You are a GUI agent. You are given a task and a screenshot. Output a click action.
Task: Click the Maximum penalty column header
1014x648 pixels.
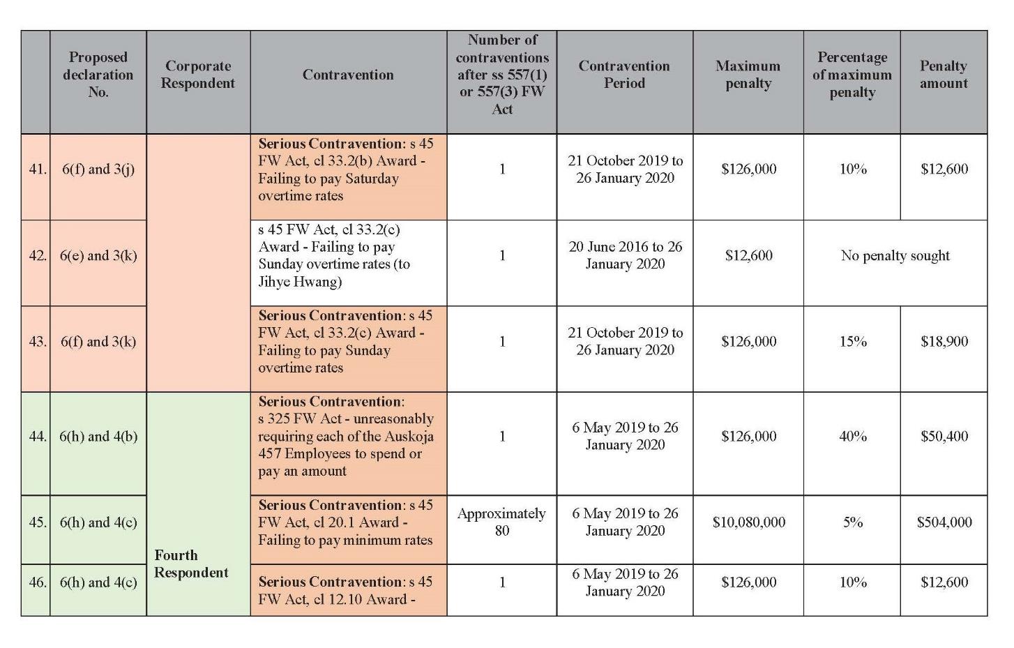(x=748, y=75)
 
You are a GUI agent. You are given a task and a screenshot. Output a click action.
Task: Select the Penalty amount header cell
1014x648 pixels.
(x=944, y=75)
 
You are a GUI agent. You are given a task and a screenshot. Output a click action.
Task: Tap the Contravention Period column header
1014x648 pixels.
(x=624, y=75)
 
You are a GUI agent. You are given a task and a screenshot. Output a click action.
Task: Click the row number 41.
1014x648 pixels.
(x=38, y=169)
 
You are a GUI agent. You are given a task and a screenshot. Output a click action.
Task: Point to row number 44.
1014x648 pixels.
(x=38, y=436)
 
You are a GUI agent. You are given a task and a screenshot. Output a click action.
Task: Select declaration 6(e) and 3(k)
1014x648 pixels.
(x=98, y=255)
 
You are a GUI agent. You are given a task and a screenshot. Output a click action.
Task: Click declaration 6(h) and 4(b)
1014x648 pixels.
(x=98, y=436)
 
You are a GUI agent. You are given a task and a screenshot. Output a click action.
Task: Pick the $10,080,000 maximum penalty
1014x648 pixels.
(x=749, y=522)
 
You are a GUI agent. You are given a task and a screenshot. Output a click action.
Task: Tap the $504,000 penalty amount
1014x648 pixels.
(x=944, y=522)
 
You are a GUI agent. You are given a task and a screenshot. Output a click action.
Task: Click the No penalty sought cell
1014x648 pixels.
(x=895, y=255)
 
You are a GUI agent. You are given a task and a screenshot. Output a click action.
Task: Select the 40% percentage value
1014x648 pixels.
(x=853, y=436)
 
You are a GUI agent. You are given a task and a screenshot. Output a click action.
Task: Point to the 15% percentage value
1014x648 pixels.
(x=853, y=341)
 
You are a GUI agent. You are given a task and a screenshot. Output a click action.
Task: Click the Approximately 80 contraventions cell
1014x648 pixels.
(x=501, y=522)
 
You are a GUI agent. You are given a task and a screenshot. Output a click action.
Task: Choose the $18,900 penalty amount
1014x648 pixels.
(x=944, y=341)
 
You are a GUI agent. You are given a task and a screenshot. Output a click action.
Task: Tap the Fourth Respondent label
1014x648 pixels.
(x=191, y=564)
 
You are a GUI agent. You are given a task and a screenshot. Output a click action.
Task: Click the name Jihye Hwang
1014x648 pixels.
(x=300, y=282)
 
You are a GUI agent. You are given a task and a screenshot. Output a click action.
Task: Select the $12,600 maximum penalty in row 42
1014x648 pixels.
(x=749, y=255)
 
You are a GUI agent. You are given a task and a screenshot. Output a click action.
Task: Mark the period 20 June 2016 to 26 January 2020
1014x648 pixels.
(x=625, y=255)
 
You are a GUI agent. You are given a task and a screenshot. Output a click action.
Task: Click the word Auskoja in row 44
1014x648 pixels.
(x=409, y=437)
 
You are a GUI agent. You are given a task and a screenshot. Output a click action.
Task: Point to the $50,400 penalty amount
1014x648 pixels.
(x=944, y=436)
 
